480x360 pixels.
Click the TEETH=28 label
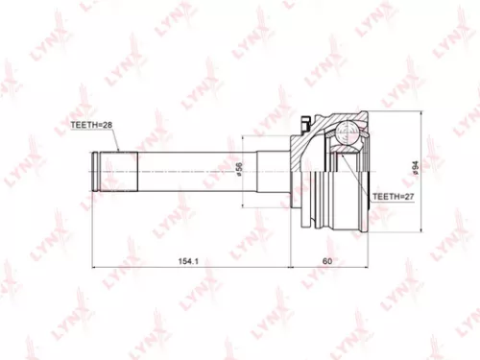point(91,124)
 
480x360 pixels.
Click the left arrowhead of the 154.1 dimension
point(93,267)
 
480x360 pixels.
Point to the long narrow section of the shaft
point(192,172)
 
